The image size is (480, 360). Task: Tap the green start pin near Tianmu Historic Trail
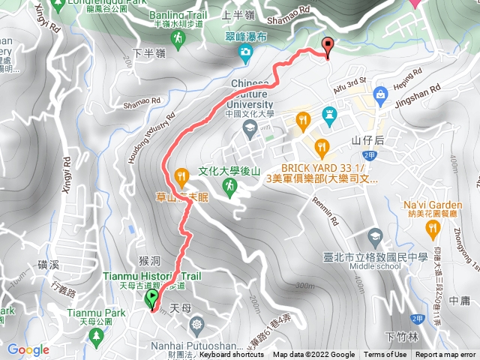click(151, 299)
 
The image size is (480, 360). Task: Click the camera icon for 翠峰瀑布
click(244, 52)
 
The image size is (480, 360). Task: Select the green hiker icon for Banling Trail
click(178, 37)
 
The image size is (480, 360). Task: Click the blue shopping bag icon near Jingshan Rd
click(380, 93)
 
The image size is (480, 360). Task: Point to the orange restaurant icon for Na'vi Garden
click(431, 227)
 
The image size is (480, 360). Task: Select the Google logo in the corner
click(28, 349)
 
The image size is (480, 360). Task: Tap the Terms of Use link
click(387, 355)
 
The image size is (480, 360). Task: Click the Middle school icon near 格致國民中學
click(373, 235)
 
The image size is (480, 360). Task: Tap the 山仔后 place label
click(367, 140)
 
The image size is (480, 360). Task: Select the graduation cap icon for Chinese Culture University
click(249, 128)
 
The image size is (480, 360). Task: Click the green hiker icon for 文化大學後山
click(229, 184)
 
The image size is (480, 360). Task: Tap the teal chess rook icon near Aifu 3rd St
click(329, 115)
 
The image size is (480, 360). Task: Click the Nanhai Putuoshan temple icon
click(197, 325)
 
